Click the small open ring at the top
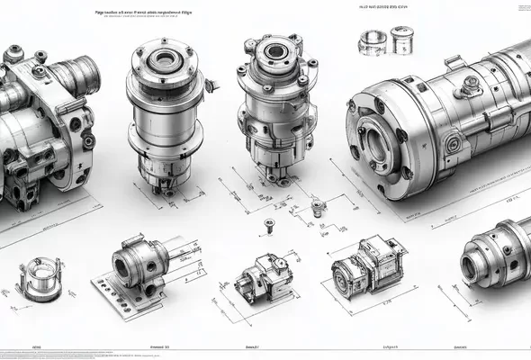tap(372, 40)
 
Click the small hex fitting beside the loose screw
tap(317, 208)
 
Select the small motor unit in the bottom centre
tap(260, 274)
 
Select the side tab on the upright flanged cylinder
tap(211, 86)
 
